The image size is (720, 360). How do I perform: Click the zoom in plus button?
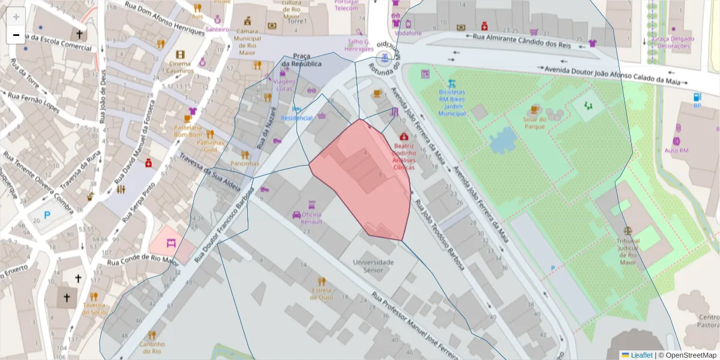pyautogui.click(x=16, y=17)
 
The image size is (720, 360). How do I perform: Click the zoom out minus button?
pyautogui.click(x=16, y=35)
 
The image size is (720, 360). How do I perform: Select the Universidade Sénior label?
pyautogui.click(x=373, y=266)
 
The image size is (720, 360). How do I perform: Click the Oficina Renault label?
pyautogui.click(x=311, y=218)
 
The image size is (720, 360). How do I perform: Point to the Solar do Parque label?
pyautogui.click(x=534, y=122)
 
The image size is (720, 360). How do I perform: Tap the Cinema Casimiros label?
pyautogui.click(x=180, y=67)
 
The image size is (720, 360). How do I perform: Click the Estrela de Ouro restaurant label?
pyautogui.click(x=322, y=293)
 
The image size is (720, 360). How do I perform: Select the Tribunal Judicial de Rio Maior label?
pyautogui.click(x=628, y=251)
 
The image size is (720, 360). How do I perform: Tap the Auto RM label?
pyautogui.click(x=676, y=150)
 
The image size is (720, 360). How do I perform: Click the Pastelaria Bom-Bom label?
pyautogui.click(x=187, y=131)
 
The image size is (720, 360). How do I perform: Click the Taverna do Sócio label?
pyautogui.click(x=94, y=308)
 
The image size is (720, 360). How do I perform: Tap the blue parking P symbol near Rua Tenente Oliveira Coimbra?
pyautogui.click(x=47, y=215)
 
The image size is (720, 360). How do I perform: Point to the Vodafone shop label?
pyautogui.click(x=408, y=33)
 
